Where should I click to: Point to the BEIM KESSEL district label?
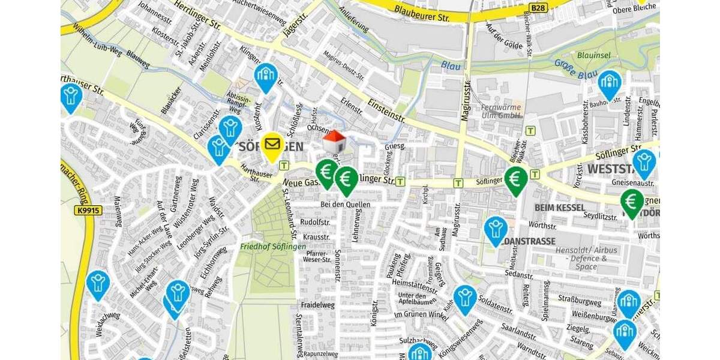[559, 208]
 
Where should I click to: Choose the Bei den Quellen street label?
[345, 205]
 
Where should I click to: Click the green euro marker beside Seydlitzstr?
[632, 202]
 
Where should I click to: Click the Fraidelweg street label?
[318, 305]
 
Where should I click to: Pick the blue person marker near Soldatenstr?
[465, 298]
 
